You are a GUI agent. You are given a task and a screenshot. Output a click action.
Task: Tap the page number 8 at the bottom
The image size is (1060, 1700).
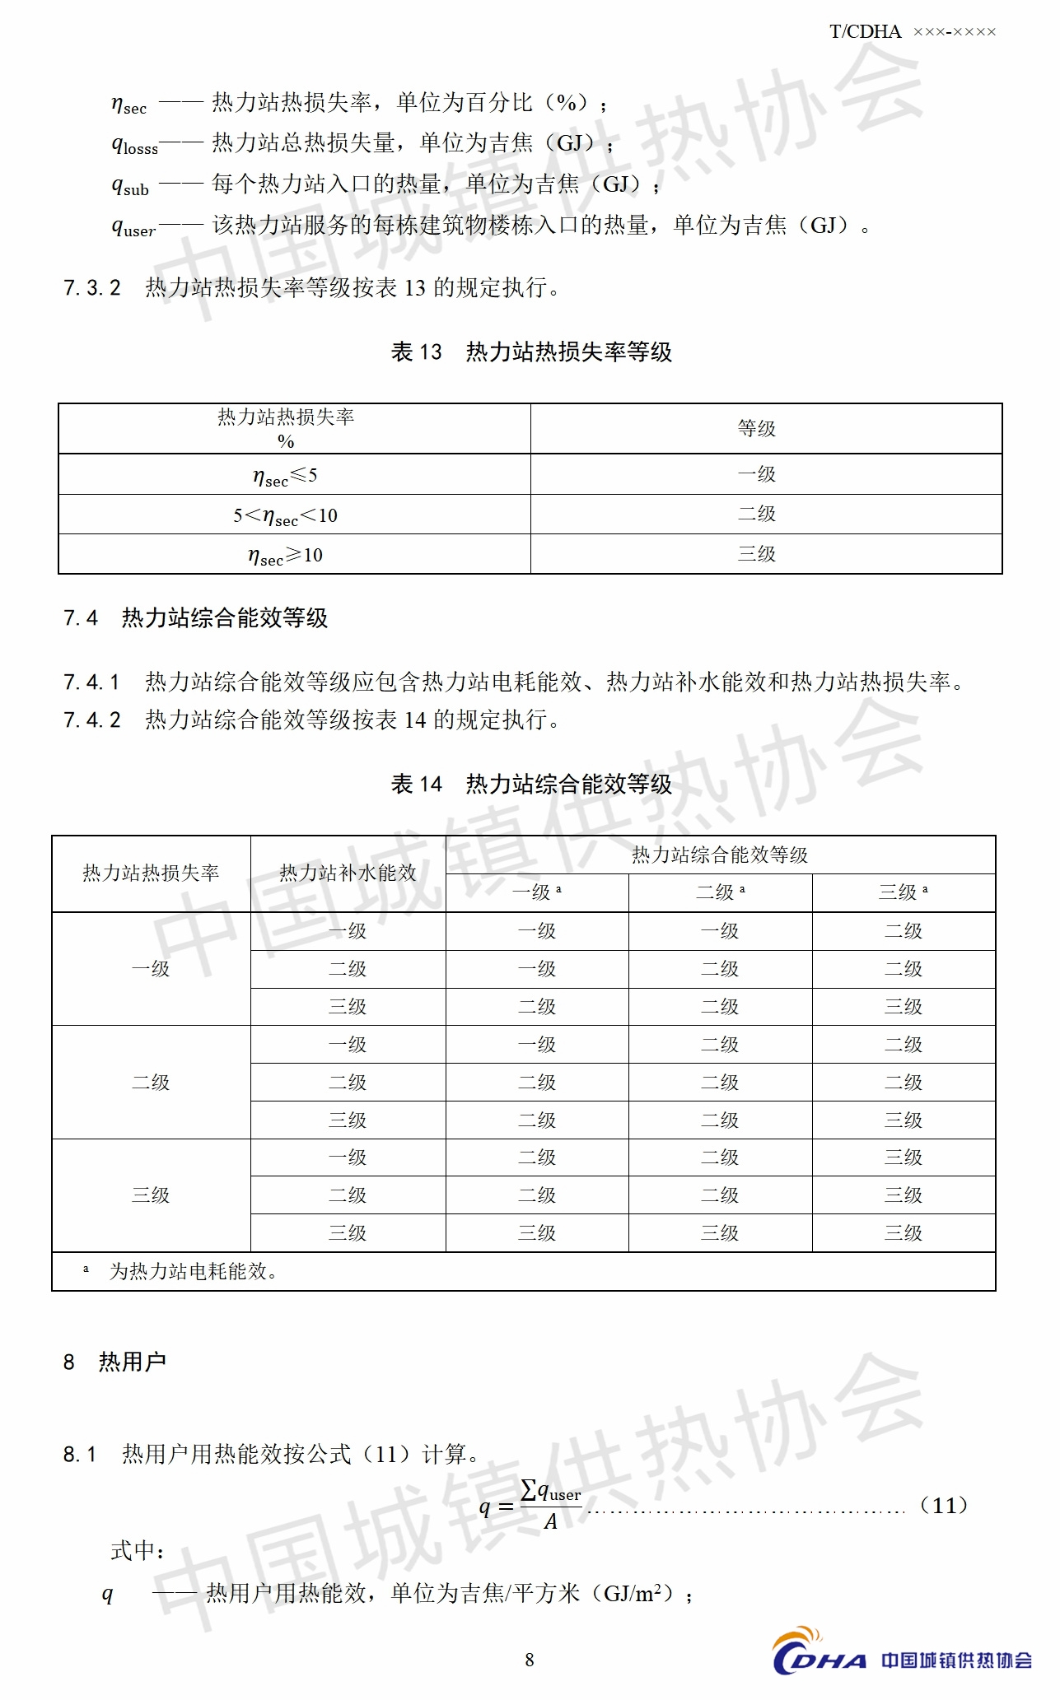pos(530,1660)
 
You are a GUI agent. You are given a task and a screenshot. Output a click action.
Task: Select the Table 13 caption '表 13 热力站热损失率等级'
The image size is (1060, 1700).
pos(531,352)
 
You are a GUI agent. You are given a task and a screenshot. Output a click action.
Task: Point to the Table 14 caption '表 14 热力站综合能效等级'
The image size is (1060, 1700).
pos(531,784)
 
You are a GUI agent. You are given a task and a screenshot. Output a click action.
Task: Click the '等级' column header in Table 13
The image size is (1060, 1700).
pos(757,428)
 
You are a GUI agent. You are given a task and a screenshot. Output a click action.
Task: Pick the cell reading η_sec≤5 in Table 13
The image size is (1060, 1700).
pos(285,476)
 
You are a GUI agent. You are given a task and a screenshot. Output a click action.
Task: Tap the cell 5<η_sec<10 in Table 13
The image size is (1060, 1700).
pos(285,516)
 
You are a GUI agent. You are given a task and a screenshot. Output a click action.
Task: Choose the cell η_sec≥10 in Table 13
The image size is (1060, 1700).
pos(285,556)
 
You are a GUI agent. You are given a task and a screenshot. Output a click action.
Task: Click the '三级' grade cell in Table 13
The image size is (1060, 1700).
pos(757,554)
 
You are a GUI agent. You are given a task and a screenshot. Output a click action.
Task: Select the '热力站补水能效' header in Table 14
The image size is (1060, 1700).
pos(348,873)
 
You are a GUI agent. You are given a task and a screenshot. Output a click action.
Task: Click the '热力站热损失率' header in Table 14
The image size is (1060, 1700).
pos(151,873)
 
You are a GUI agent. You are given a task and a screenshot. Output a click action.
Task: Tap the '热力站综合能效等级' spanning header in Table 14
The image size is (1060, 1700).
pos(720,855)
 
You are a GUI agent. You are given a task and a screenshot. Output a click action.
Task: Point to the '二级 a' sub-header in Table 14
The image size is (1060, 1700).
pos(720,892)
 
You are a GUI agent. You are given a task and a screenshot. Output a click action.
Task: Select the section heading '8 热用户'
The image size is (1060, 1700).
pos(115,1362)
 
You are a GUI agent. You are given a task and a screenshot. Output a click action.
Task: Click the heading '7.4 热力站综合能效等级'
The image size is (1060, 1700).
pos(196,618)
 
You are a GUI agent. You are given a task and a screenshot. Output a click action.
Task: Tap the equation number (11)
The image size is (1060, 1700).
pos(943,1506)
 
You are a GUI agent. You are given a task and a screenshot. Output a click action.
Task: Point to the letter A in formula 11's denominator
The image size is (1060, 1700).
pos(551,1523)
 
